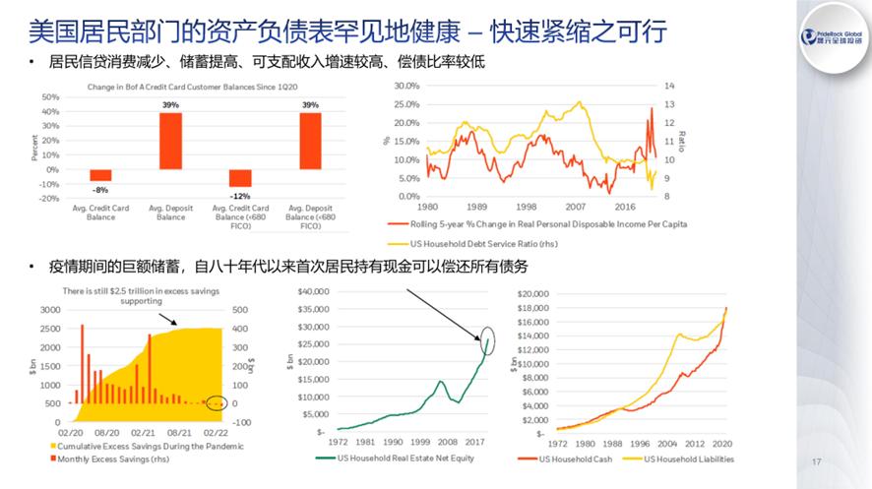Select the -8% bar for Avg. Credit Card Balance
point(100,175)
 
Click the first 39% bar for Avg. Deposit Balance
point(169,141)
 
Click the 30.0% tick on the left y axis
point(405,86)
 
